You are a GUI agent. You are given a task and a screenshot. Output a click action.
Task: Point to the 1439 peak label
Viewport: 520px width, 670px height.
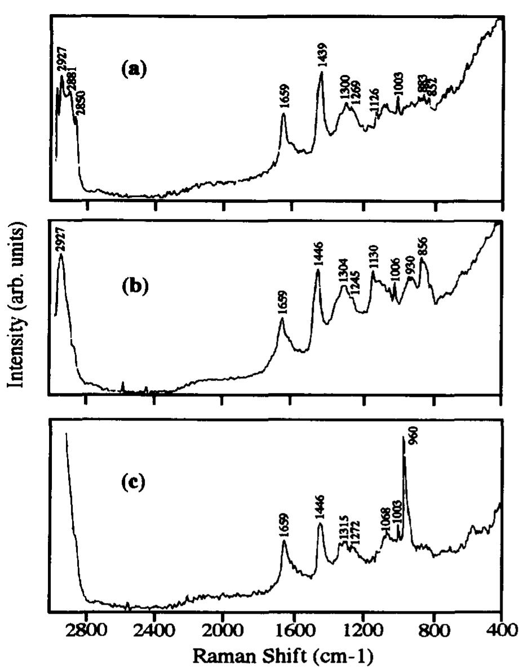click(323, 58)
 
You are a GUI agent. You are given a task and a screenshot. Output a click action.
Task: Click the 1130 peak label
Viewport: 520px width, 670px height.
click(373, 258)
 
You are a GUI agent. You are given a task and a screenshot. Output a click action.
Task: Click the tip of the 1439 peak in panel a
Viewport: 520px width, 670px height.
click(322, 73)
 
